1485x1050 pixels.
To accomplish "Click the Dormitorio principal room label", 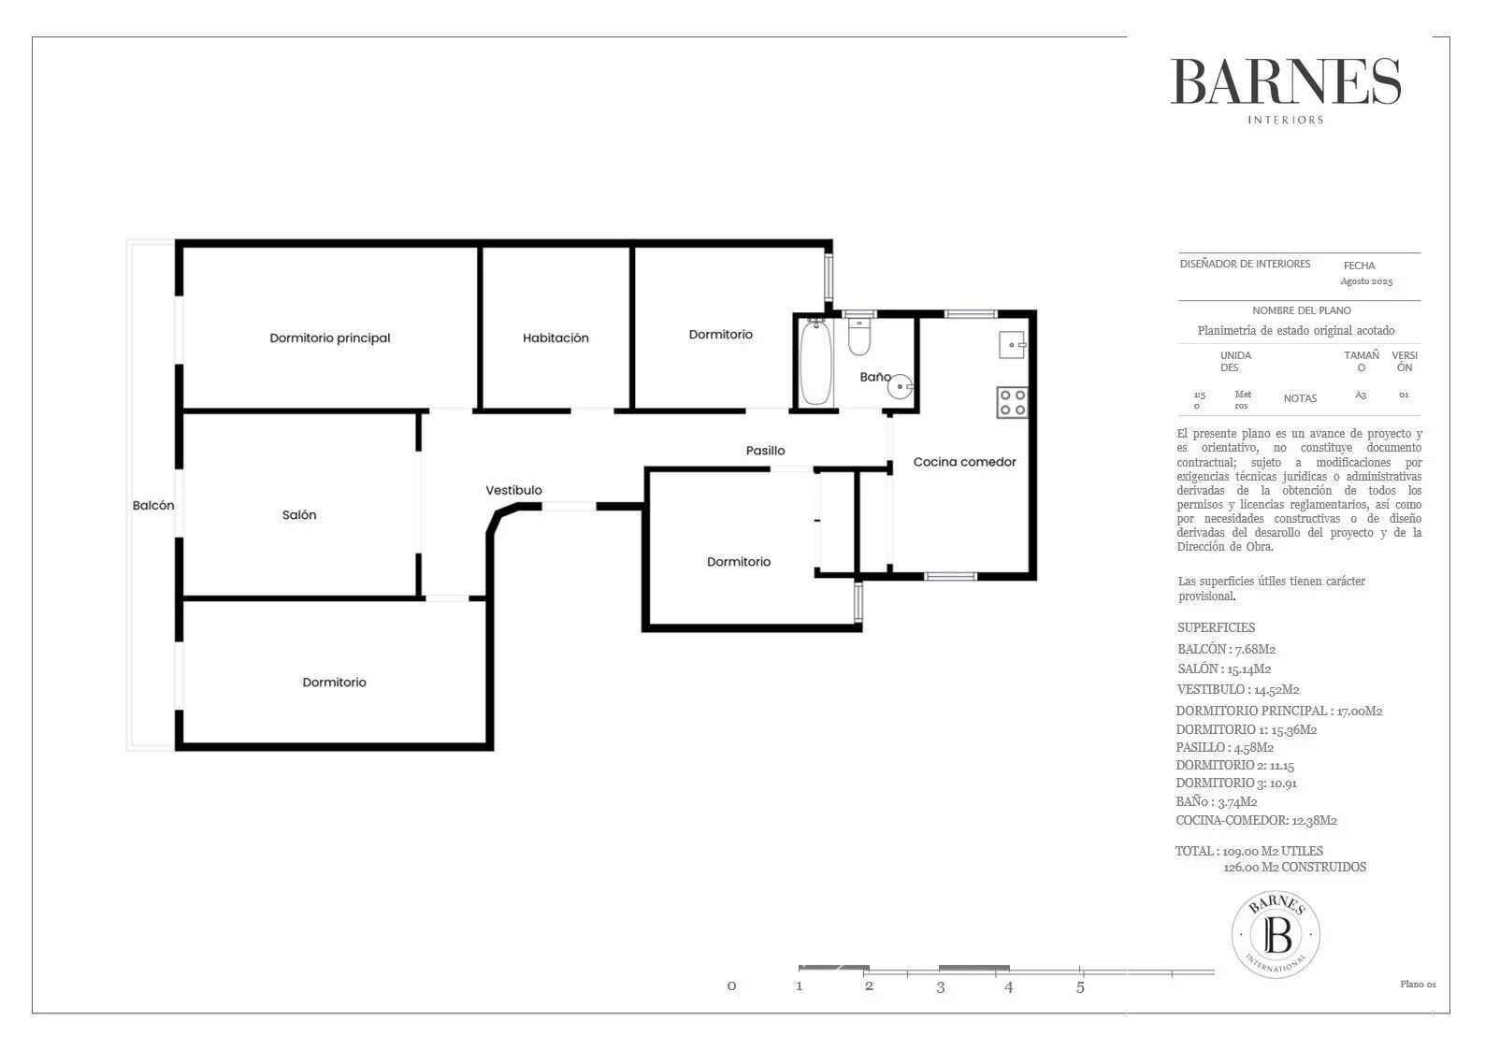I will coord(329,338).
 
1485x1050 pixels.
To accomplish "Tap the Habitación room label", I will coord(555,338).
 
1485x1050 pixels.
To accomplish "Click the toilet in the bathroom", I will coord(859,337).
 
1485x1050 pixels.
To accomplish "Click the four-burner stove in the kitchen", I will coord(1012,402).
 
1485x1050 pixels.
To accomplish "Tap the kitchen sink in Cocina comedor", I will coord(1012,345).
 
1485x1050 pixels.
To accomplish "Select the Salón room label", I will coord(299,515).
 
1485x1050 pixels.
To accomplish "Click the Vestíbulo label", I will coord(513,491).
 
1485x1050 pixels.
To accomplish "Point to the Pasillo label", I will coord(765,451).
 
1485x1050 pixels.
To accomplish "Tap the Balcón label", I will coord(153,505).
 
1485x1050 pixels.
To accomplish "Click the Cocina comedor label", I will coord(964,462).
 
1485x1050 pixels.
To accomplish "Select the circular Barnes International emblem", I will coord(1276,934).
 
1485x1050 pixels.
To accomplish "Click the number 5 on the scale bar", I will coord(1080,986).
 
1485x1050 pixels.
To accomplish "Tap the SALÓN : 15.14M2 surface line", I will coord(1224,669).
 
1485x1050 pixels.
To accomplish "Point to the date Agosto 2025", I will coord(1366,281).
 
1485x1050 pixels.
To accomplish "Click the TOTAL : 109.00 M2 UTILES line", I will coord(1249,852).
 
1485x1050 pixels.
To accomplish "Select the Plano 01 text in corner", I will coord(1417,984).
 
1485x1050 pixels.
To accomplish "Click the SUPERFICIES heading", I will coord(1216,628).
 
